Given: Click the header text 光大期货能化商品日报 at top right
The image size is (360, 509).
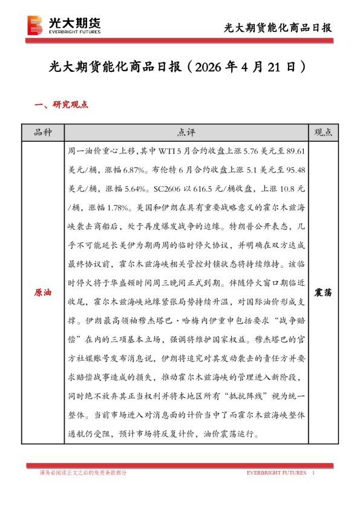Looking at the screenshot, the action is (278, 28).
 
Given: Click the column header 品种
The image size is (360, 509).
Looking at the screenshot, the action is (43, 132).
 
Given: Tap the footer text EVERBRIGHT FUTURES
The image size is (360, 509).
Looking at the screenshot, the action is (275, 473).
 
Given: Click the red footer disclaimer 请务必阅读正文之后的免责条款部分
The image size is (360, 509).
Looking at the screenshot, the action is (83, 473).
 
